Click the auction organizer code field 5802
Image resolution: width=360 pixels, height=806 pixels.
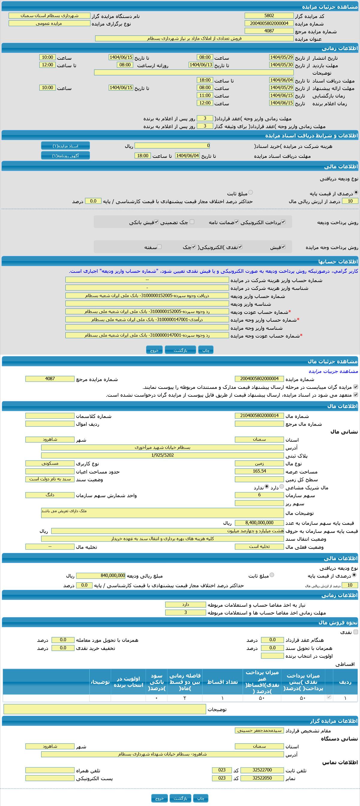click(269, 16)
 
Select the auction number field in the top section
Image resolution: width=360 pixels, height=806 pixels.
click(269, 23)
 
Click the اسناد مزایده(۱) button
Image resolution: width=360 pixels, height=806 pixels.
click(65, 146)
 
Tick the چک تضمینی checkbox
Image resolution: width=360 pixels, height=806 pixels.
click(192, 222)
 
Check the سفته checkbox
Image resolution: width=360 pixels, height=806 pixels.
click(160, 247)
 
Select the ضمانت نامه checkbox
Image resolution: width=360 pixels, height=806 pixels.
click(237, 222)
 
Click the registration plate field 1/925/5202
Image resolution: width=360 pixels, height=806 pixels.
click(162, 455)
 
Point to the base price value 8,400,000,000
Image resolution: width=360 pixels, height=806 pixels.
click(259, 523)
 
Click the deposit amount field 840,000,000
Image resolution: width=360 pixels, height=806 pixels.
click(101, 576)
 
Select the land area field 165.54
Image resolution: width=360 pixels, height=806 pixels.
click(259, 471)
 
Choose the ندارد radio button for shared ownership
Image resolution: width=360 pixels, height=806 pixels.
click(267, 486)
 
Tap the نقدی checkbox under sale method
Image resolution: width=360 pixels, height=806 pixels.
click(355, 632)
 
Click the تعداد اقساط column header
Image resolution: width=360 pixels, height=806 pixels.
click(222, 682)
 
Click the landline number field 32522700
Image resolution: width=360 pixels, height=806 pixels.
click(262, 770)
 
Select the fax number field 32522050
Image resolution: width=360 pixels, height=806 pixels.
click(262, 778)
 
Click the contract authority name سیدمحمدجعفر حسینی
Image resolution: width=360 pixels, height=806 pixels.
click(259, 731)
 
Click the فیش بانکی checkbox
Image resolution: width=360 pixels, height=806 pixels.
click(156, 222)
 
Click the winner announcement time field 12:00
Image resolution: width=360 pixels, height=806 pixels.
click(205, 103)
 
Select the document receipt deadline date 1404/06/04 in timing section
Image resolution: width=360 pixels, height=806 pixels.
click(281, 80)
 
